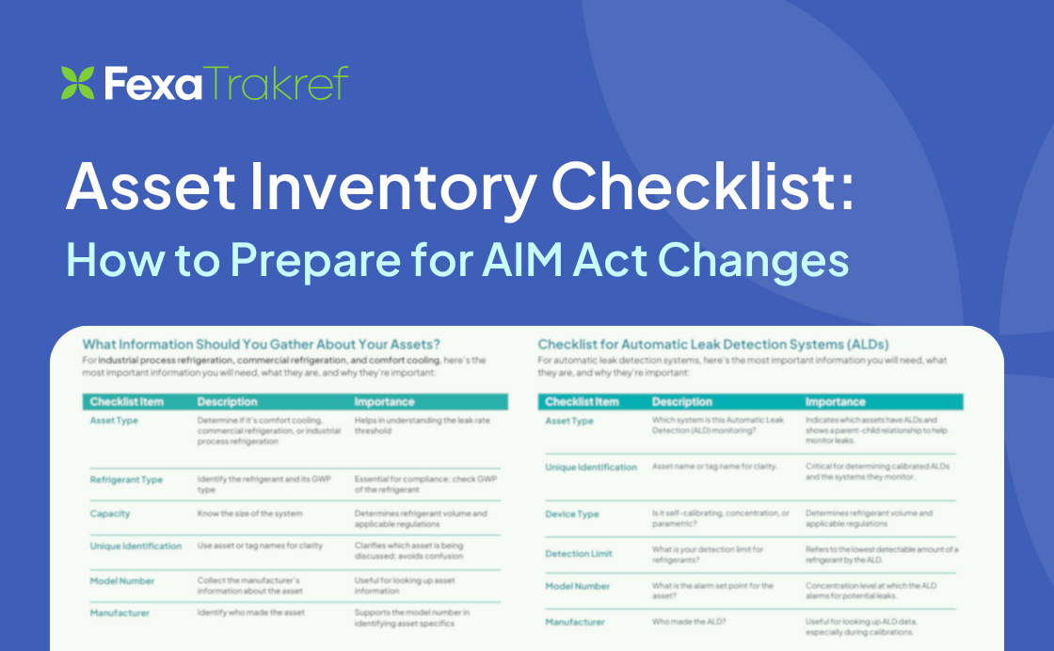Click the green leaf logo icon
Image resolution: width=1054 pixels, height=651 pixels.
pos(77,83)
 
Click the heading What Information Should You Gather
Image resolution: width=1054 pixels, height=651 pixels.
pos(261,344)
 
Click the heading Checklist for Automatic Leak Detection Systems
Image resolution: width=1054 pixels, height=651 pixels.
pos(712,344)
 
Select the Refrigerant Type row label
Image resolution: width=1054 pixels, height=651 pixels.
pos(126,480)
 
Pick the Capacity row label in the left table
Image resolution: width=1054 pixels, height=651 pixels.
pos(110,513)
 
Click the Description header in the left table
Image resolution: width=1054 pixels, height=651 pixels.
pos(227,402)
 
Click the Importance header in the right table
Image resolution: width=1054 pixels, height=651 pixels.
pos(835,402)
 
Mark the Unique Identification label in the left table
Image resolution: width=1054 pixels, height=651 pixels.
pos(136,546)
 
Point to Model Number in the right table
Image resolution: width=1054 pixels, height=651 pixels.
pos(578,586)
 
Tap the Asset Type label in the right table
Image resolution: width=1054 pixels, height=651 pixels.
pos(569,420)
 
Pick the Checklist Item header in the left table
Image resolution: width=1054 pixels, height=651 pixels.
pos(126,402)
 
